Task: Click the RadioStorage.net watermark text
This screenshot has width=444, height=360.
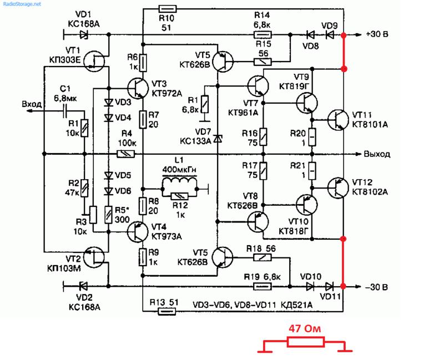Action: (x=22, y=4)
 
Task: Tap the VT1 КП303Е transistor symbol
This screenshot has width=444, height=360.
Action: (x=94, y=61)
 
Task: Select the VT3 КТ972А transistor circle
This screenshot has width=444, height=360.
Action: (x=138, y=88)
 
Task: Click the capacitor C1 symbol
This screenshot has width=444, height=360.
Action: (x=65, y=111)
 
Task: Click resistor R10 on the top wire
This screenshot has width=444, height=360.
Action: (x=168, y=9)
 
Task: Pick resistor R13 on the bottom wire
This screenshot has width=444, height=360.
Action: (x=167, y=312)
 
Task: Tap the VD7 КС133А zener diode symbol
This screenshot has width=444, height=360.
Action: (x=218, y=139)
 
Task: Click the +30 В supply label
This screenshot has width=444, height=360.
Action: (x=377, y=34)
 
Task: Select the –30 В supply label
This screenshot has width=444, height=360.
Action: (x=376, y=287)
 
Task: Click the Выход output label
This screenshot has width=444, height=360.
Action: (x=377, y=154)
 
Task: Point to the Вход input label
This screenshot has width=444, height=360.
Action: (x=32, y=104)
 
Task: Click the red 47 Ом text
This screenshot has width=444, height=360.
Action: (x=305, y=328)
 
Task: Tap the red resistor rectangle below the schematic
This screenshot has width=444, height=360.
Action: (x=306, y=342)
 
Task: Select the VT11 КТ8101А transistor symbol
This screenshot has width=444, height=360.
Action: (x=338, y=120)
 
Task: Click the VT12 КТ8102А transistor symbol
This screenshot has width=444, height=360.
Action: (x=338, y=187)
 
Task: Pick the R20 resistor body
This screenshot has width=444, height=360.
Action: (x=312, y=137)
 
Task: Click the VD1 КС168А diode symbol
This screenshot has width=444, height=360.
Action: (x=84, y=35)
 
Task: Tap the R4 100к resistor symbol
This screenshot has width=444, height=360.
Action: (x=126, y=154)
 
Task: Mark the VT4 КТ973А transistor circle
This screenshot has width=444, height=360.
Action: (x=138, y=232)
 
